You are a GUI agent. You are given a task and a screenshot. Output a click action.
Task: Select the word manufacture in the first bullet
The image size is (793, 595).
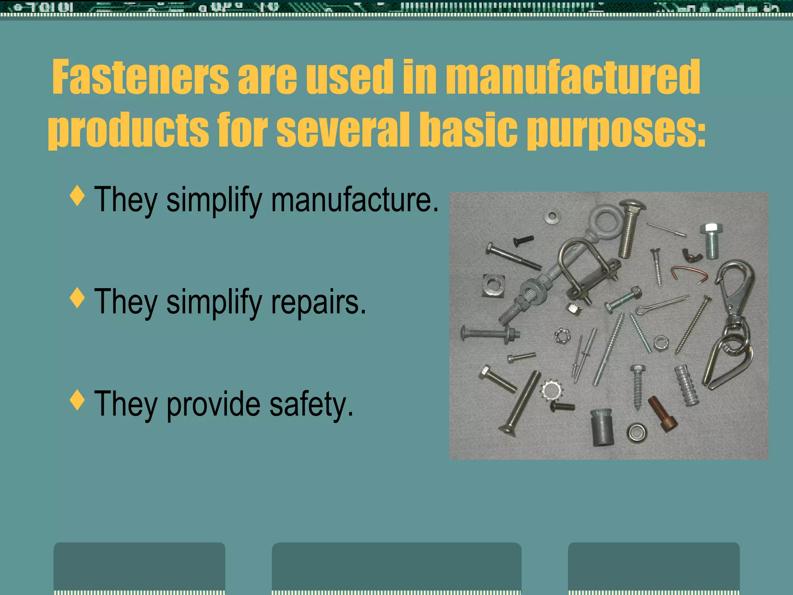pyautogui.click(x=355, y=200)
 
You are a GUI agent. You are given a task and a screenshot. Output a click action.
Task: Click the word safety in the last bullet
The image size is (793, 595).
pyautogui.click(x=311, y=404)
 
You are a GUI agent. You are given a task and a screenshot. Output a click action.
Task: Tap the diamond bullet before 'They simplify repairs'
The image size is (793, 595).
pyautogui.click(x=78, y=298)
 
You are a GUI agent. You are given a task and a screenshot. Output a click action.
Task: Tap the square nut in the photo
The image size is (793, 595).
pyautogui.click(x=493, y=285)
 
